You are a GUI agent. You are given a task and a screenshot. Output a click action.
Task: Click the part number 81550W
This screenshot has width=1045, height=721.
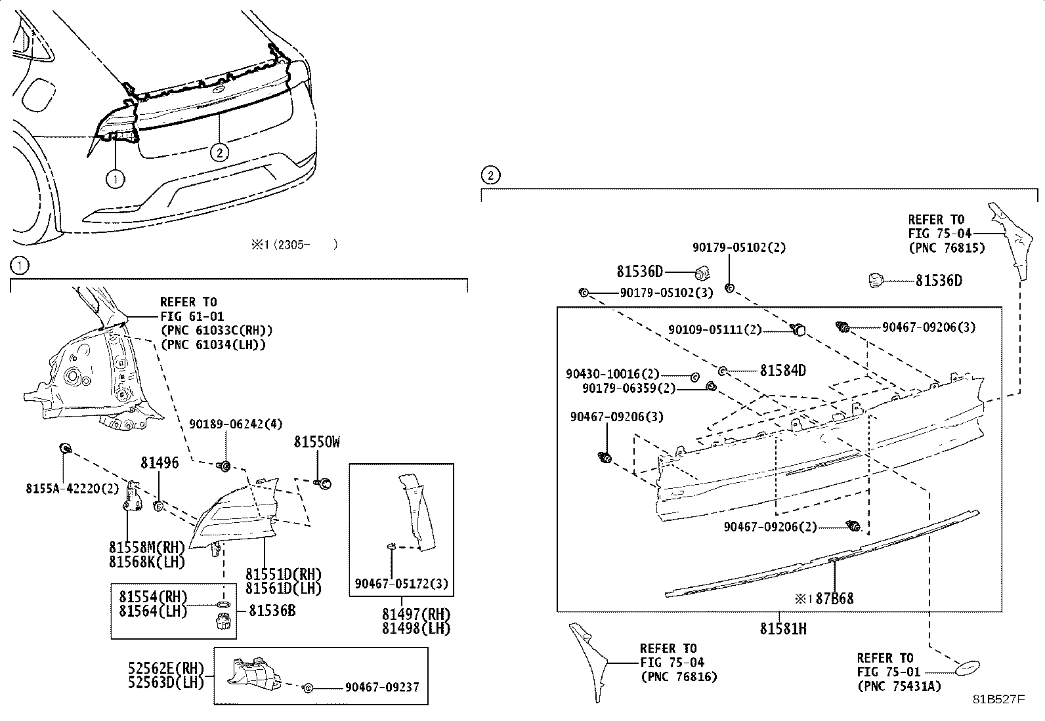click(316, 442)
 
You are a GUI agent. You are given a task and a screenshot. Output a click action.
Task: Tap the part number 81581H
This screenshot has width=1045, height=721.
click(783, 628)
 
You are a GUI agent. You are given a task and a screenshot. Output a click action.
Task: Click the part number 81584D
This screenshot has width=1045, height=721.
click(782, 371)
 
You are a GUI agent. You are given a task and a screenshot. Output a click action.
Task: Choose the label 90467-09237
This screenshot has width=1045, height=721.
click(381, 688)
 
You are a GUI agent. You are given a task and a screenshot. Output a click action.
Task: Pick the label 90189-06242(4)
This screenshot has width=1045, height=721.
click(236, 424)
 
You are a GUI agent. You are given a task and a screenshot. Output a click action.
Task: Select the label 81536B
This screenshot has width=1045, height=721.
click(272, 611)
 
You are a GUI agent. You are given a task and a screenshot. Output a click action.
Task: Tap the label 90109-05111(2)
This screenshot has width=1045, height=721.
click(714, 329)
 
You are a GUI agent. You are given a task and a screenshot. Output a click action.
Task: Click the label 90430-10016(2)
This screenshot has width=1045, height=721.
click(612, 374)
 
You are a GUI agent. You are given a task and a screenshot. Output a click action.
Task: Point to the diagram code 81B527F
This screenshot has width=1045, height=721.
click(998, 699)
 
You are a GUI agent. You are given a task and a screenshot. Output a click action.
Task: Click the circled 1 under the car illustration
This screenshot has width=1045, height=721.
click(115, 178)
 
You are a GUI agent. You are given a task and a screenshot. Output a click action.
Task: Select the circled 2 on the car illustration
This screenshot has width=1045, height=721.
click(220, 153)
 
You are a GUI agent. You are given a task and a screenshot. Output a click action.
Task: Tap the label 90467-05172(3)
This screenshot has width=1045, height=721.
click(402, 583)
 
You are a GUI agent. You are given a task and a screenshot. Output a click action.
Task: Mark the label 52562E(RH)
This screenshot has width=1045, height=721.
click(167, 668)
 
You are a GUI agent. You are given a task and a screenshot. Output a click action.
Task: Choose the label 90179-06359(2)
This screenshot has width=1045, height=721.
click(628, 388)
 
